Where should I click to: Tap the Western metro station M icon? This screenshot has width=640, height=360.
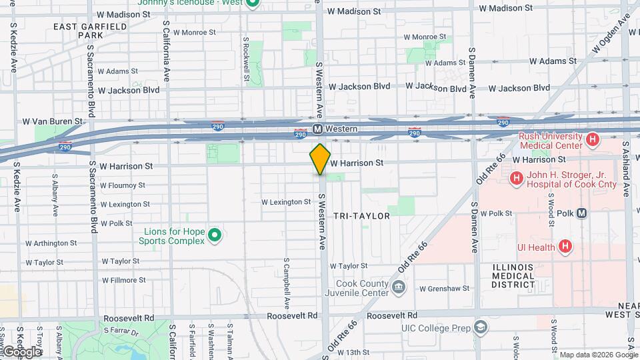coord(318,129)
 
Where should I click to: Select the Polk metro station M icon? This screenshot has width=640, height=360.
coord(582,213)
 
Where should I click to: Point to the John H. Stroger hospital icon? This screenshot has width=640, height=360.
coord(516,179)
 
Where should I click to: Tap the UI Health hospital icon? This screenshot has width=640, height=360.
coord(565,247)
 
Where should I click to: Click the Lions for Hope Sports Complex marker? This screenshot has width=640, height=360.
coord(214,235)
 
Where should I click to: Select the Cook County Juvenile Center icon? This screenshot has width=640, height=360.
coord(398,288)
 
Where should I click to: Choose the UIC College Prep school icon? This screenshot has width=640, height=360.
coord(480,327)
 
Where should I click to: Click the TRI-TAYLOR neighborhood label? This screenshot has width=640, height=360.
coord(361,216)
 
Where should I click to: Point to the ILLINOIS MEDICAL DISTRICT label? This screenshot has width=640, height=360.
coord(513,275)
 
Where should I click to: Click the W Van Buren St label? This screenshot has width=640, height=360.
coord(52,121)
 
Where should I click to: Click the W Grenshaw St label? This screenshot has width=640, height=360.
coord(445,289)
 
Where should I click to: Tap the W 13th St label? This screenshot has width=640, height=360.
coord(353,352)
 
